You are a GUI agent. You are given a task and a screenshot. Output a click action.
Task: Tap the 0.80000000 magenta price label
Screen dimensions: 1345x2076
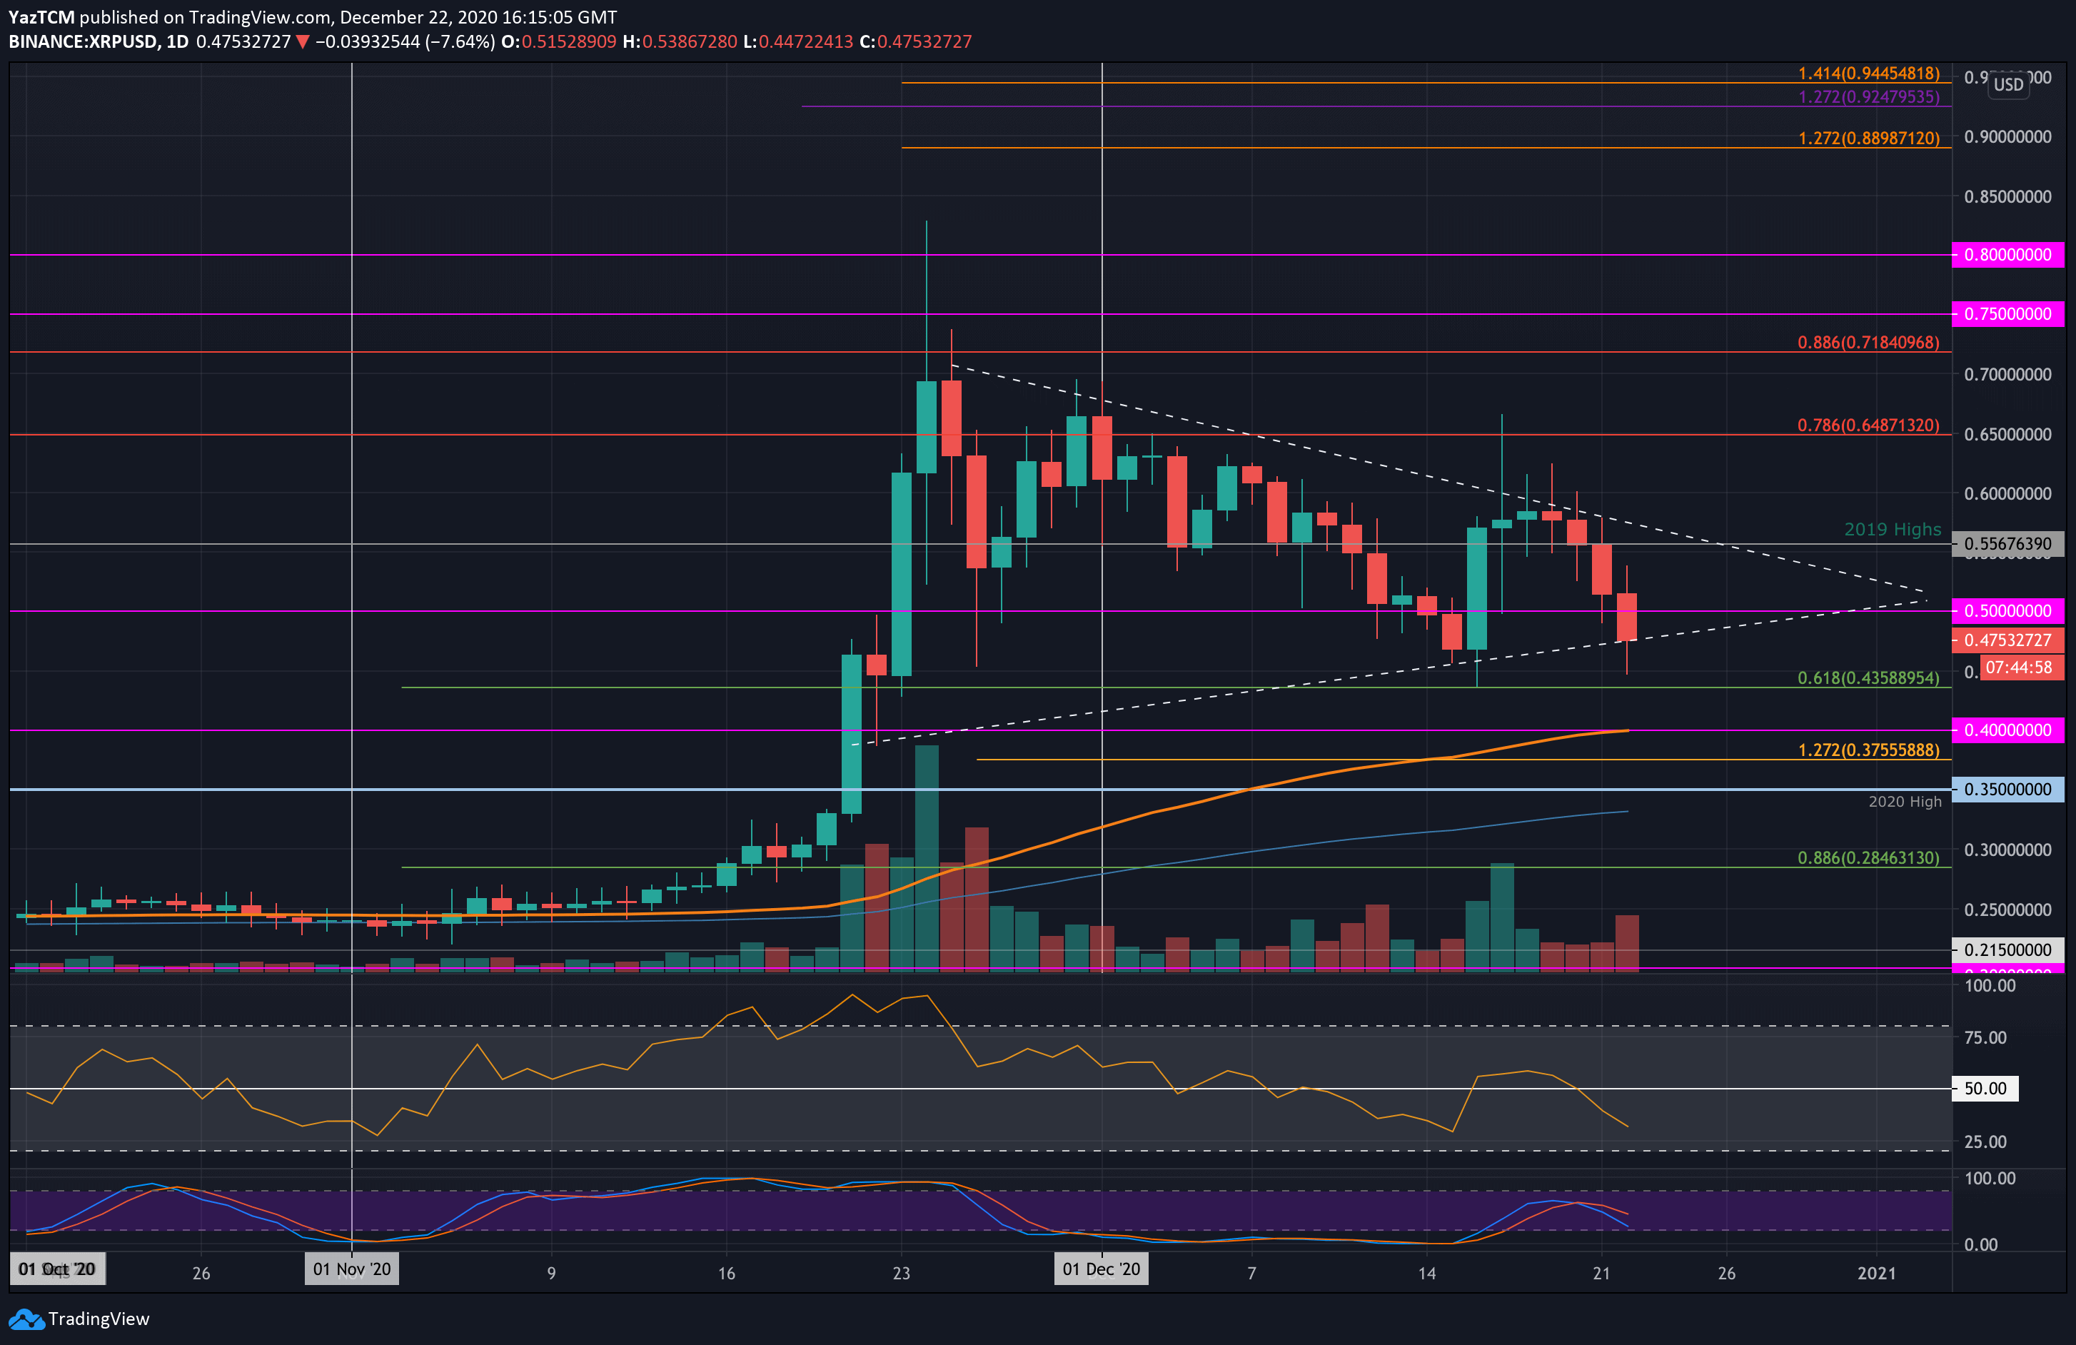2007,255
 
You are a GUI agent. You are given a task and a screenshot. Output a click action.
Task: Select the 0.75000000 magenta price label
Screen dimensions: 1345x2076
2007,314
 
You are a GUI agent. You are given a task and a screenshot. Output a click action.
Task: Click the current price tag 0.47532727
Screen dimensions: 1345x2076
2007,640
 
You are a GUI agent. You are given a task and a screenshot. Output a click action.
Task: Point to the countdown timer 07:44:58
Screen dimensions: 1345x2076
2018,668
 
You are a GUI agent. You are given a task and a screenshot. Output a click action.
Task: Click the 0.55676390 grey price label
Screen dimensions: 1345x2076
2007,543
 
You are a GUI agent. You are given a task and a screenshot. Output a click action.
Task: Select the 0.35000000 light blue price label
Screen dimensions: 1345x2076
2007,790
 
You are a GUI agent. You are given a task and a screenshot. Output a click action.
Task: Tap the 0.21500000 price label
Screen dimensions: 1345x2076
2007,950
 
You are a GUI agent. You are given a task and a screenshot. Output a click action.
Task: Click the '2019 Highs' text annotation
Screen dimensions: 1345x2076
1892,530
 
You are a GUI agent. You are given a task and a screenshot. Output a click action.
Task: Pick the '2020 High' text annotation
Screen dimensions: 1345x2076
1904,802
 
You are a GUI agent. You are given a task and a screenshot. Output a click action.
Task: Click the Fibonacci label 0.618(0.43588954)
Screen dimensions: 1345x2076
1868,677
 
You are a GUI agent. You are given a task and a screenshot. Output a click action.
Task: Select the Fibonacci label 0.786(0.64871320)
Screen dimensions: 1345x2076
1868,425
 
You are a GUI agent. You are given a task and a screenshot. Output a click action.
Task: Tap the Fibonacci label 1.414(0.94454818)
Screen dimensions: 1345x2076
1868,74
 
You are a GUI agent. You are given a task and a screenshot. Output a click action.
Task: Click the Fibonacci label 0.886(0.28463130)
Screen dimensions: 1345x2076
1868,857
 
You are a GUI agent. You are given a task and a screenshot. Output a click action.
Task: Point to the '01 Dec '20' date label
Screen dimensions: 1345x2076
1101,1269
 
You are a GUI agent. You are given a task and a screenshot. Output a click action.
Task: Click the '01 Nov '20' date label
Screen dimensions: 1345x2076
351,1269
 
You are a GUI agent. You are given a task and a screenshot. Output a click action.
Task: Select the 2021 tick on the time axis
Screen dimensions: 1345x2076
1876,1273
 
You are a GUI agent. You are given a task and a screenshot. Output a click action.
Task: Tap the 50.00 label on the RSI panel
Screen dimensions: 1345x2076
1985,1089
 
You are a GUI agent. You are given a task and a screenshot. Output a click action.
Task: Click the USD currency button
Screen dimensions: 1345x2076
2008,85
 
